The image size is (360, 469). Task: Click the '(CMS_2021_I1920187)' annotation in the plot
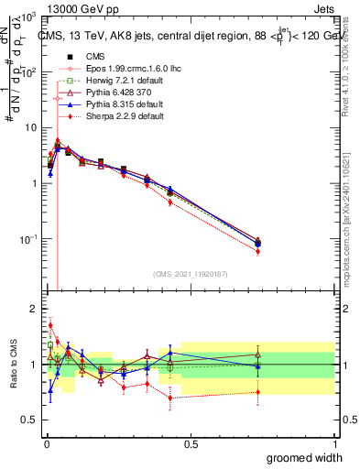click(x=190, y=273)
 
